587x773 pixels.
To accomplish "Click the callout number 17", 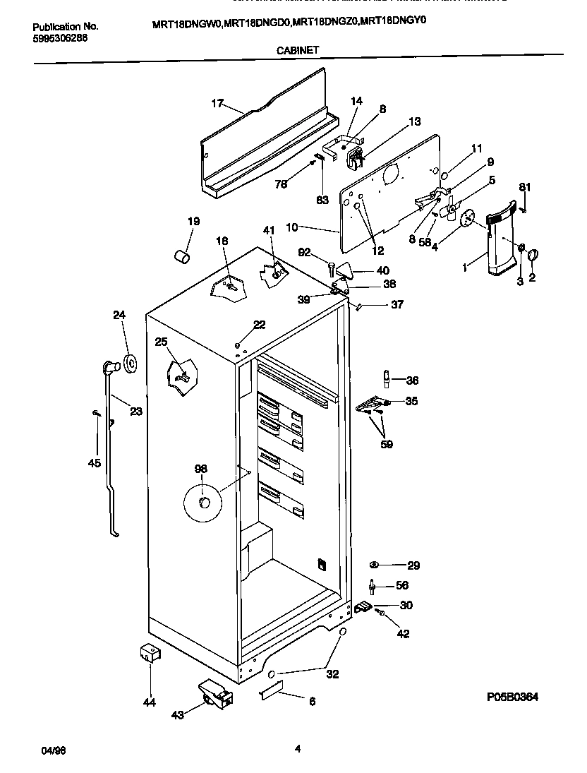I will (217, 104).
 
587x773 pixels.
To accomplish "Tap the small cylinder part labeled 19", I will (182, 255).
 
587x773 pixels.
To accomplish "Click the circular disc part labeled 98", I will (202, 503).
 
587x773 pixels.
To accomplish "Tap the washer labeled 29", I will (374, 565).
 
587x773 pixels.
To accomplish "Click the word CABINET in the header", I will (290, 50).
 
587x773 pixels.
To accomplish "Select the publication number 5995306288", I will (59, 39).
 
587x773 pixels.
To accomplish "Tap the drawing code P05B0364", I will (512, 697).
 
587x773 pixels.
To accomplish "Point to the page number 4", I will (298, 750).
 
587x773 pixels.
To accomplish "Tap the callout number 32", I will (332, 674).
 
